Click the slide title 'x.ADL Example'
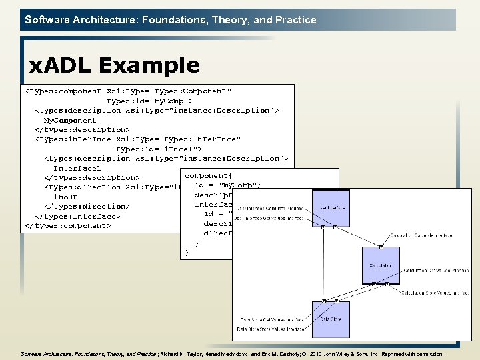coord(114,65)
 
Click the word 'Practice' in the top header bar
coord(295,20)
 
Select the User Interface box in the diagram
coord(331,207)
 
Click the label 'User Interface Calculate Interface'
coord(269,209)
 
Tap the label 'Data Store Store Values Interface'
coord(271,329)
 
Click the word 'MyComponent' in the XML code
coord(70,120)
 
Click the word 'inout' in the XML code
coord(65,197)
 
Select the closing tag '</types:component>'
coord(67,225)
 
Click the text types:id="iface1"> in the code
coord(159,149)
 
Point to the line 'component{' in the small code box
coord(208,175)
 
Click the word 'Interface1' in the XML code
coord(77,168)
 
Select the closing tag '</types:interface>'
coord(77,216)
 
